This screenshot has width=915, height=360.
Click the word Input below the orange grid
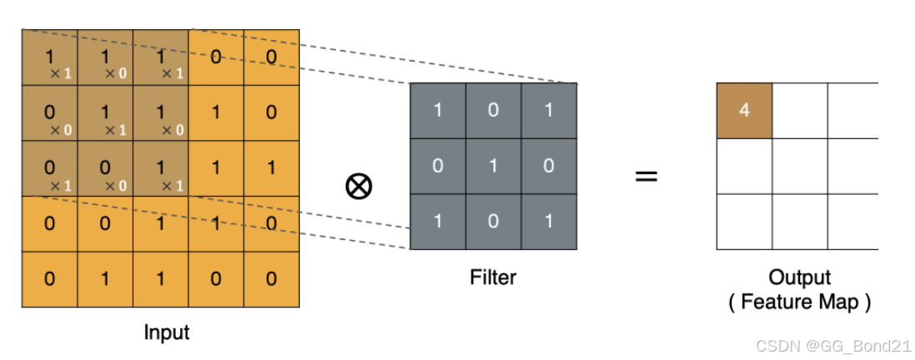(x=167, y=332)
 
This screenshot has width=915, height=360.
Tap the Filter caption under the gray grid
(x=492, y=277)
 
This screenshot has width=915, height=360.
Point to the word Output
(x=799, y=277)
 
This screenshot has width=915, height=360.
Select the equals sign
(x=646, y=177)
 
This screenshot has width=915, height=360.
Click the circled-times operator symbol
(x=358, y=187)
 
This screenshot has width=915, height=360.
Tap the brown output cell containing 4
(x=744, y=111)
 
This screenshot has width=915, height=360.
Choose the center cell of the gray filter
(x=492, y=166)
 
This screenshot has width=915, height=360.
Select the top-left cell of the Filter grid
(x=437, y=111)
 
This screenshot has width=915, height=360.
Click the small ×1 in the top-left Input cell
(x=61, y=74)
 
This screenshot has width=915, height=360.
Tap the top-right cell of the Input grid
(x=272, y=57)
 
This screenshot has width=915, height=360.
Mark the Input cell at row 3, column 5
(x=272, y=167)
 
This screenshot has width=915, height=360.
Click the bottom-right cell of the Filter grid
(x=548, y=222)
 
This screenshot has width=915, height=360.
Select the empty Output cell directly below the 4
(x=744, y=167)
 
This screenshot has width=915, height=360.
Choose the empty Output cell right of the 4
(x=799, y=111)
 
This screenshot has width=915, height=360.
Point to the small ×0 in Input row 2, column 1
(x=61, y=130)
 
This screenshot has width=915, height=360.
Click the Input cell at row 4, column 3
(x=160, y=223)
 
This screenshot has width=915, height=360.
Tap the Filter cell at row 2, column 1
(x=437, y=166)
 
